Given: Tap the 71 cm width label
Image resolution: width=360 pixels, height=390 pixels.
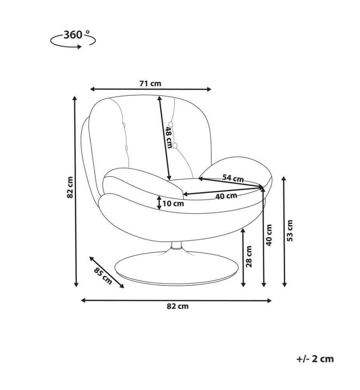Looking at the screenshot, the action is (x=150, y=83).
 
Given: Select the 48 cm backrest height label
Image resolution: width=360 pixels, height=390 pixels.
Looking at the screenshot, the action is (x=169, y=137).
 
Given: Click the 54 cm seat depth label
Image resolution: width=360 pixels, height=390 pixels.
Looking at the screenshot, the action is (x=233, y=178).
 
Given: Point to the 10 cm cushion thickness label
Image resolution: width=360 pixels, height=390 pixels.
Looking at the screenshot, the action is (x=173, y=204).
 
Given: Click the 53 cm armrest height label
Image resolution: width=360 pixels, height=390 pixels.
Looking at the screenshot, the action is (x=290, y=230).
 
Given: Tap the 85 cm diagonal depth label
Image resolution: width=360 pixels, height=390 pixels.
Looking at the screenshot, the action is (x=103, y=276).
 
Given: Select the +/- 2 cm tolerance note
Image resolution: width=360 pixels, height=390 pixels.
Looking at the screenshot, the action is (x=315, y=359).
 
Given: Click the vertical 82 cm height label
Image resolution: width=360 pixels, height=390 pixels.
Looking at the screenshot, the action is (x=70, y=187).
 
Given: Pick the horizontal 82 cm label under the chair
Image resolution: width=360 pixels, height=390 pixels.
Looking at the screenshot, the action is (x=177, y=306).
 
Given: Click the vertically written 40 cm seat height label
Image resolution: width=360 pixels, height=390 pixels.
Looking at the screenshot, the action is (x=269, y=235).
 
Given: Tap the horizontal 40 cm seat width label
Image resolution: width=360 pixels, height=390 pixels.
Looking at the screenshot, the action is (x=226, y=196).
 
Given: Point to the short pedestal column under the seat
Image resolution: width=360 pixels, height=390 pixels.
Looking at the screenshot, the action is (x=176, y=245).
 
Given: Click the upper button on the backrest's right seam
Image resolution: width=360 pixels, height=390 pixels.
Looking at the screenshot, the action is (x=171, y=124).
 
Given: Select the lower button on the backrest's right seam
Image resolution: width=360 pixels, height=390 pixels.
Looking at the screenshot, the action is (x=175, y=145).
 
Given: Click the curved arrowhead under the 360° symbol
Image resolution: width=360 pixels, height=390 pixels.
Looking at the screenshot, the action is (x=79, y=47).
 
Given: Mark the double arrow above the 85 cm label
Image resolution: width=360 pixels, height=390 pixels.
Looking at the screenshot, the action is (x=107, y=272).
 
